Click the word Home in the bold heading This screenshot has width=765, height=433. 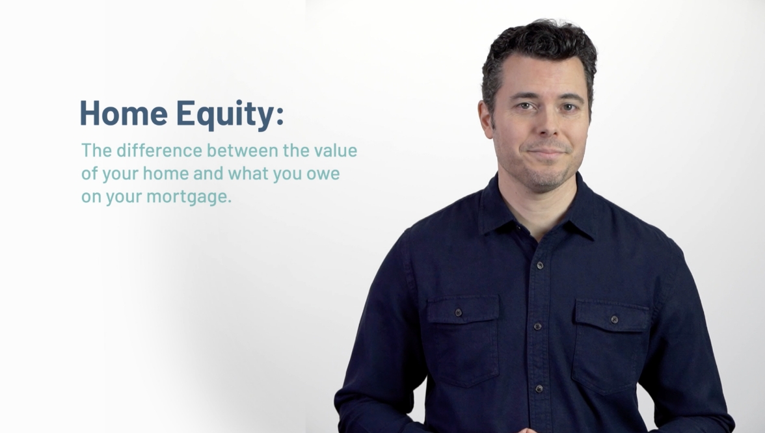coord(124,112)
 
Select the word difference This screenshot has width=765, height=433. coord(159,150)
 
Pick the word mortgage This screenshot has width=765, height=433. coord(189,197)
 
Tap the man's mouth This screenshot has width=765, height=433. coord(546,152)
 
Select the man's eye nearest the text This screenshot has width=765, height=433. coord(524,106)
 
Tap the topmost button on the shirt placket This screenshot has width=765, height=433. coord(540,265)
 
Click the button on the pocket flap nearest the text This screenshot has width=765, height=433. coord(459,313)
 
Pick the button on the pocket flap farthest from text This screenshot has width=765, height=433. coord(614,319)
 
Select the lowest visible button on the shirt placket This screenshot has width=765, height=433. coord(539,389)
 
